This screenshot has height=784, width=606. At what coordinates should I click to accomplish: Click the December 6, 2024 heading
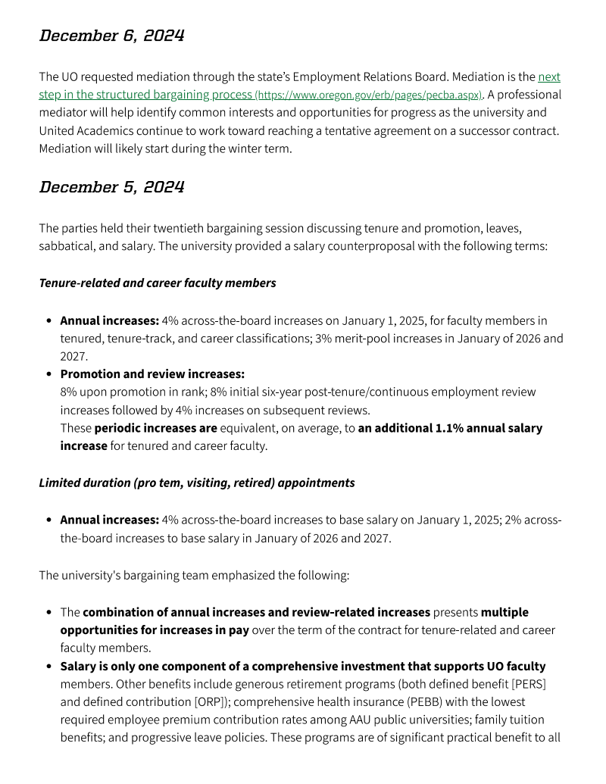[111, 36]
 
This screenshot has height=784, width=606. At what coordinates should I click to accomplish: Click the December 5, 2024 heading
[111, 187]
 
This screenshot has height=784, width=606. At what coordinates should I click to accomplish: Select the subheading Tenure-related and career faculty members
[158, 283]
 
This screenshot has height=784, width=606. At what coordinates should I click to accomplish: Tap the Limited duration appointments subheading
[197, 483]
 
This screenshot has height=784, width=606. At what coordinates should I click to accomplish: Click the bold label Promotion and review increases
[152, 374]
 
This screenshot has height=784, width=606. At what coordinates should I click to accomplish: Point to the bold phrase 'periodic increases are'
[155, 428]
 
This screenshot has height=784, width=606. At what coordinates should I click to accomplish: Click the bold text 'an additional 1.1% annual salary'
[450, 428]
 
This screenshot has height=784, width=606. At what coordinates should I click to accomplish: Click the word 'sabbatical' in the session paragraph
[67, 246]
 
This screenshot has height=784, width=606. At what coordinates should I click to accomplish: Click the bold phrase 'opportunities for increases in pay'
[155, 630]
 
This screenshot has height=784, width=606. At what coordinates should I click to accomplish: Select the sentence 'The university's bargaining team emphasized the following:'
[194, 576]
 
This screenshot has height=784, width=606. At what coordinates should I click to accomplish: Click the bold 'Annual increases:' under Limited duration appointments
[109, 520]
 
